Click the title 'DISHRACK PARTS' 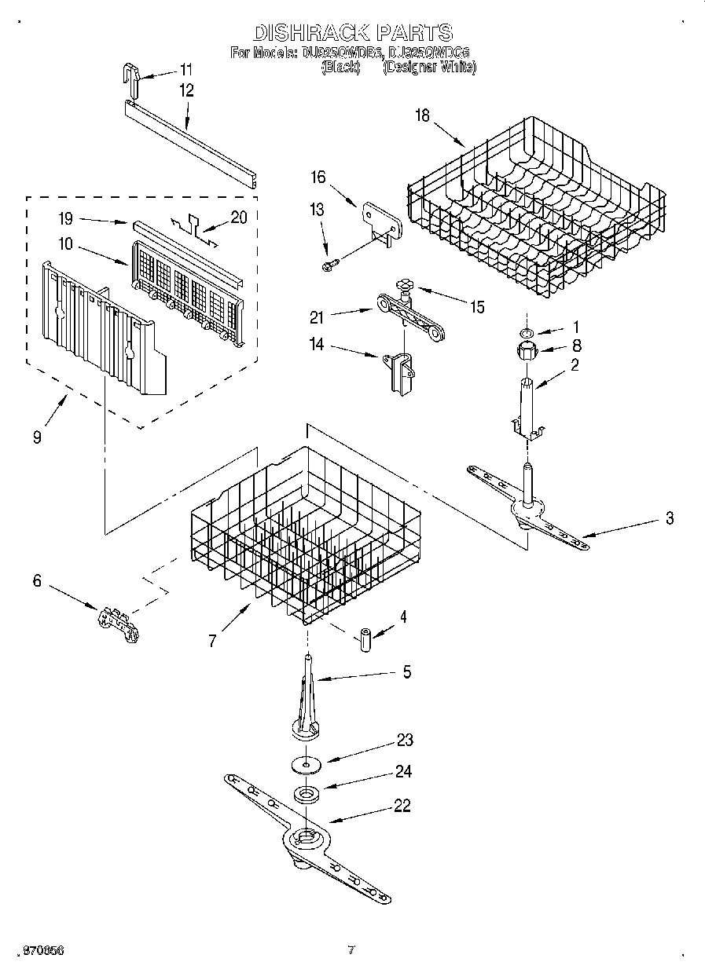tap(352, 32)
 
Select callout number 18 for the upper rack tap(423, 115)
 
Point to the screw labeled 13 tap(329, 265)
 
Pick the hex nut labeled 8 tap(523, 349)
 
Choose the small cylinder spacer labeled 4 tap(365, 637)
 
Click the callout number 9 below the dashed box tap(37, 437)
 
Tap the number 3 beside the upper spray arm tap(669, 518)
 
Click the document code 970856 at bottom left tap(43, 950)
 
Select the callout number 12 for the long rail tap(186, 90)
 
